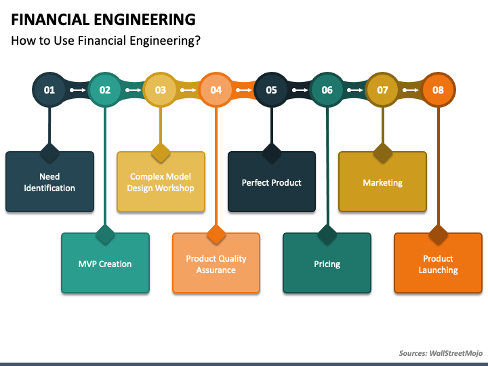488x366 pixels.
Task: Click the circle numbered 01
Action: click(49, 89)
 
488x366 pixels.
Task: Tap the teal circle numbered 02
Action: click(105, 89)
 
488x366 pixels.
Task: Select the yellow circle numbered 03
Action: click(161, 89)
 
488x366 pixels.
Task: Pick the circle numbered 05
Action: click(271, 89)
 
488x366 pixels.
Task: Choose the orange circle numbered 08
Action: click(438, 89)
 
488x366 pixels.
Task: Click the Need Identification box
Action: click(49, 182)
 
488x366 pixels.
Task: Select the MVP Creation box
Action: click(105, 264)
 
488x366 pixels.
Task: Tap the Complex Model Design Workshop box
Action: click(161, 182)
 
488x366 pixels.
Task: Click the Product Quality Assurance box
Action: click(216, 264)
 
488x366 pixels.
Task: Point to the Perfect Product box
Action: click(271, 182)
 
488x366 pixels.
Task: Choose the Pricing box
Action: click(327, 264)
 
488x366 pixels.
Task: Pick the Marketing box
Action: click(382, 182)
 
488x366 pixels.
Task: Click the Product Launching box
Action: click(438, 264)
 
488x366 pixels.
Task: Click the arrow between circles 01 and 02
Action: click(77, 89)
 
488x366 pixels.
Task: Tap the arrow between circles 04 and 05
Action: click(244, 89)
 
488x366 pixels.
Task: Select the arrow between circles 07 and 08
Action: click(410, 89)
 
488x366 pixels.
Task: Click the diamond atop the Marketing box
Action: click(382, 152)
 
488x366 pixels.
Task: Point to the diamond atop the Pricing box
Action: click(327, 235)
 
